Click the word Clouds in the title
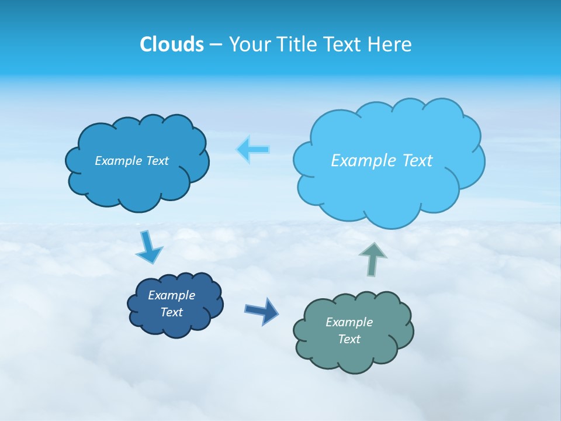172,44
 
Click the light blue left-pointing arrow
253,150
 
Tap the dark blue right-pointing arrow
262,310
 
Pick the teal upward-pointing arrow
373,258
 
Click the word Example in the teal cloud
349,322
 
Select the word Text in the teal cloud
349,339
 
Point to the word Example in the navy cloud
171,295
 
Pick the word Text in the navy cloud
171,312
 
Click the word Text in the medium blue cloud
157,161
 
